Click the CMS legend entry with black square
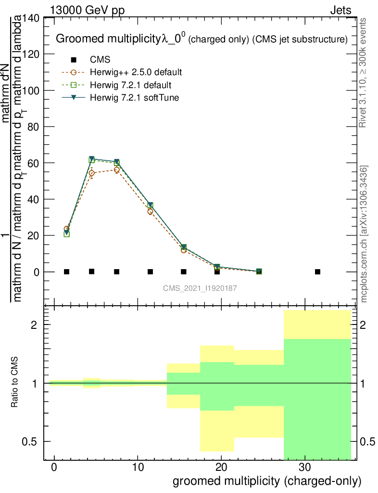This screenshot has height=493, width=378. [x=100, y=60]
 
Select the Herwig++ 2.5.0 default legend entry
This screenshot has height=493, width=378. [x=136, y=73]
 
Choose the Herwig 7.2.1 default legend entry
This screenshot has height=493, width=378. [x=130, y=85]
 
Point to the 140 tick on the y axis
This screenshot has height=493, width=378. [x=32, y=18]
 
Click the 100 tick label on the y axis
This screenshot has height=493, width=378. [x=32, y=91]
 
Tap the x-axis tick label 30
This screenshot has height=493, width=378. [x=304, y=467]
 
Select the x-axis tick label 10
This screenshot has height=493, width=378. [x=138, y=467]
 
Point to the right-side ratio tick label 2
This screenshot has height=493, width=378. [x=367, y=325]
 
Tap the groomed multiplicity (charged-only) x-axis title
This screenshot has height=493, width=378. [x=266, y=480]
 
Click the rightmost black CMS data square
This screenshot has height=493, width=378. [x=317, y=272]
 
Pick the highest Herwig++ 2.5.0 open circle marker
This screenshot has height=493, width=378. [x=117, y=169]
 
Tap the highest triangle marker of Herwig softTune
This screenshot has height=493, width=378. [x=92, y=159]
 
